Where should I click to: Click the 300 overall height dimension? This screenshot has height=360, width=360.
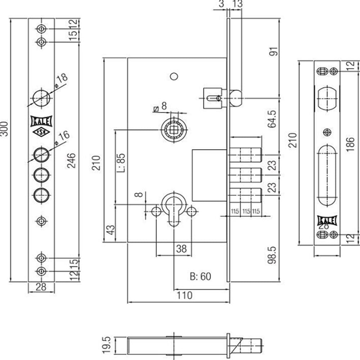4,128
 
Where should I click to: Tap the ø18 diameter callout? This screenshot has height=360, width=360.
62,80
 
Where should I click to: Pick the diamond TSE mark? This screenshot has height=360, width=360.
42,132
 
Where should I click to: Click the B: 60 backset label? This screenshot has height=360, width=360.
200,276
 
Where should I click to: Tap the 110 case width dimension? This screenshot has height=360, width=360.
185,296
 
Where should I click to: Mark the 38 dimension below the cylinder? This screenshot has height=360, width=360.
182,249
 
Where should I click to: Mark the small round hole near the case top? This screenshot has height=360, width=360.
174,76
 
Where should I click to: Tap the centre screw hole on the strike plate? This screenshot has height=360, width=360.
327,132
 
